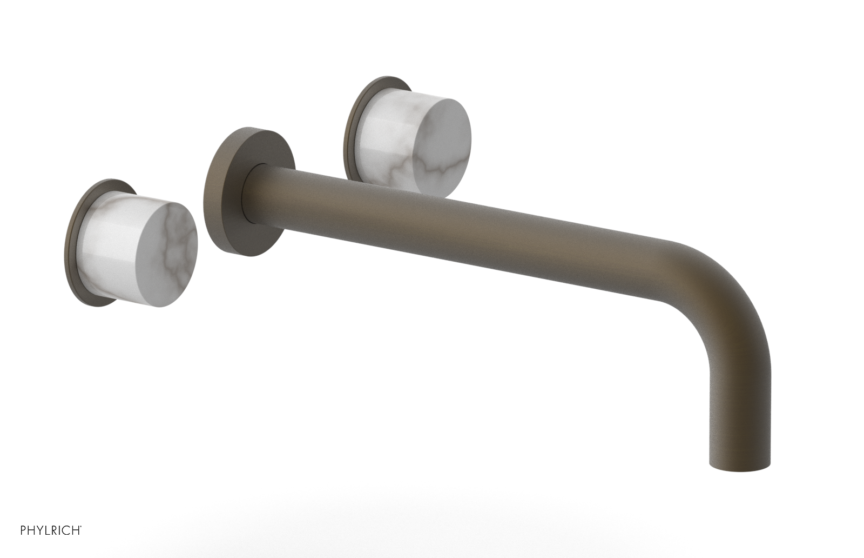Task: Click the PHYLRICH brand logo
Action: pyautogui.click(x=51, y=530)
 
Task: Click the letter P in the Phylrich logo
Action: pyautogui.click(x=23, y=530)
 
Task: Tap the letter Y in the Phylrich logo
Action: pyautogui.click(x=39, y=530)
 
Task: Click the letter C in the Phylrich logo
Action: pyautogui.click(x=65, y=530)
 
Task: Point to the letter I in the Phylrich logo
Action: pyautogui.click(x=59, y=530)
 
